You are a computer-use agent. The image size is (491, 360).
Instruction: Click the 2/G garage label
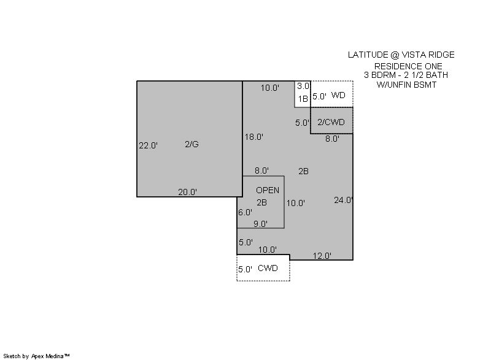point(191,144)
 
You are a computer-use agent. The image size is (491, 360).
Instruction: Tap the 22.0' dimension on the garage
point(148,145)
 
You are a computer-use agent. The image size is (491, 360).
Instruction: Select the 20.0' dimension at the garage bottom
point(188,192)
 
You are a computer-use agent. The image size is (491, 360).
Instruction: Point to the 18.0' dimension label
point(254,137)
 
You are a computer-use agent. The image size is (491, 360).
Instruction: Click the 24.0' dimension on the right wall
point(344,200)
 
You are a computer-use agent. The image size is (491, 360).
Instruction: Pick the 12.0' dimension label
point(322,256)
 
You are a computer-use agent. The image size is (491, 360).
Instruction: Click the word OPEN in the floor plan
point(268,190)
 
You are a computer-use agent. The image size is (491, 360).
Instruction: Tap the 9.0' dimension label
point(260,224)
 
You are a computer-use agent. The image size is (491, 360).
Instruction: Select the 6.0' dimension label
point(245,212)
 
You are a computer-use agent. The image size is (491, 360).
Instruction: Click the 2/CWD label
point(331,122)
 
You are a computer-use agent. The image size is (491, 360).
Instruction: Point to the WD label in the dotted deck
point(338,95)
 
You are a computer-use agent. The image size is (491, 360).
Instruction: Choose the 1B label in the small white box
point(303,99)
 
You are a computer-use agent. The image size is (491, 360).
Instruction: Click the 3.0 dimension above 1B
point(303,86)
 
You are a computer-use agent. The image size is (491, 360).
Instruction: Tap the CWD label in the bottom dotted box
point(268,268)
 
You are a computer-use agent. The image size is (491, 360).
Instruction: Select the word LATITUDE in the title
point(368,55)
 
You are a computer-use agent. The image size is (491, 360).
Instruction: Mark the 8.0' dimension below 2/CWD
point(332,139)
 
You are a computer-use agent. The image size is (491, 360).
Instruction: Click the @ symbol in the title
point(395,55)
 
